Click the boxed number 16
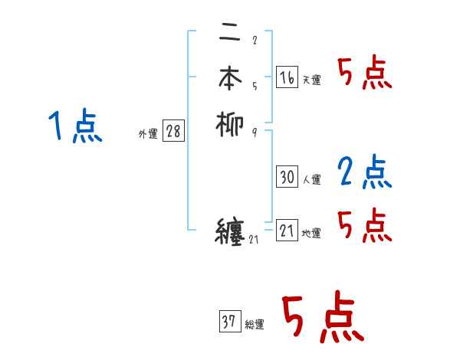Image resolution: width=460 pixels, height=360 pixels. click(x=287, y=77)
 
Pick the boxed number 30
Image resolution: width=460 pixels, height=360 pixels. click(x=287, y=177)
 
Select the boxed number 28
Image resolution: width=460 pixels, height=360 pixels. click(x=173, y=131)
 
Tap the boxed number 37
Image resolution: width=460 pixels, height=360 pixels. click(x=229, y=322)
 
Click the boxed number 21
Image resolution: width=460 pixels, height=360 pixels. click(x=287, y=230)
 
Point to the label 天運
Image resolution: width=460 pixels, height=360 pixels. click(x=311, y=80)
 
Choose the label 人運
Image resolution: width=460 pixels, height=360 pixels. click(x=311, y=180)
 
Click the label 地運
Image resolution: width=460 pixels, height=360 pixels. click(x=311, y=234)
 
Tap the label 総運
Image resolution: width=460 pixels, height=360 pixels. click(x=255, y=325)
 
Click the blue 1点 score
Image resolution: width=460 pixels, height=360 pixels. click(x=74, y=127)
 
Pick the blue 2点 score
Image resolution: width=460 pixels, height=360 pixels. click(x=364, y=172)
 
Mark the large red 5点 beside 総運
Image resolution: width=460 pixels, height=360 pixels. click(x=321, y=319)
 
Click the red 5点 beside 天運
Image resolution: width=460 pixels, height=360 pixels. click(x=364, y=74)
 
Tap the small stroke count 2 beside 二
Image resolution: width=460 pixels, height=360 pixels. click(x=254, y=40)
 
